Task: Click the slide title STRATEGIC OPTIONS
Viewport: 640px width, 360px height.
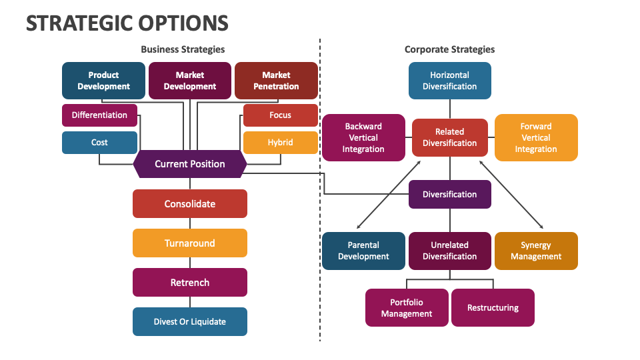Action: point(127,23)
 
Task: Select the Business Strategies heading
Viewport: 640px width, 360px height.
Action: point(183,49)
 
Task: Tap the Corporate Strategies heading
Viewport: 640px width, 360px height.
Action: point(449,49)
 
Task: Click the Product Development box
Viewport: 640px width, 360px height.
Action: point(103,81)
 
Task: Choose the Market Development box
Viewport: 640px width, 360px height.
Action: point(190,81)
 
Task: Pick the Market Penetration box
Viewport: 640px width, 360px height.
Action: point(276,81)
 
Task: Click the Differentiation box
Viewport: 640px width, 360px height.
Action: point(99,115)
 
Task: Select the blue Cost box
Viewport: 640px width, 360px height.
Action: point(99,143)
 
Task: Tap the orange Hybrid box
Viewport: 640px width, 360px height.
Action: point(280,143)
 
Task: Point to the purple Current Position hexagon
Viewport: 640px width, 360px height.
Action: point(190,164)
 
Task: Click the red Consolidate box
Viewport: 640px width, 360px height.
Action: point(190,204)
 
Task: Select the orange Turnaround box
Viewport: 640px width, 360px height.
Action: point(190,243)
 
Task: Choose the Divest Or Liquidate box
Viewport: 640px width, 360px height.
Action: point(190,321)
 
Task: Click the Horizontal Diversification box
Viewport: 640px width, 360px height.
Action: point(449,81)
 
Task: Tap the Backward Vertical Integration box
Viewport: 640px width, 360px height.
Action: point(363,137)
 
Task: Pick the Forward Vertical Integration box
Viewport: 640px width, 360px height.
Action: point(536,137)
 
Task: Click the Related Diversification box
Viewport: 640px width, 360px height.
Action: point(449,137)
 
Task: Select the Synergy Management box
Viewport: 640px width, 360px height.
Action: point(536,251)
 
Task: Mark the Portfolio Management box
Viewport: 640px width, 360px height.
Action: point(407,307)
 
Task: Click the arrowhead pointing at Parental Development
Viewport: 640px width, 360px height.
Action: point(359,227)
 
